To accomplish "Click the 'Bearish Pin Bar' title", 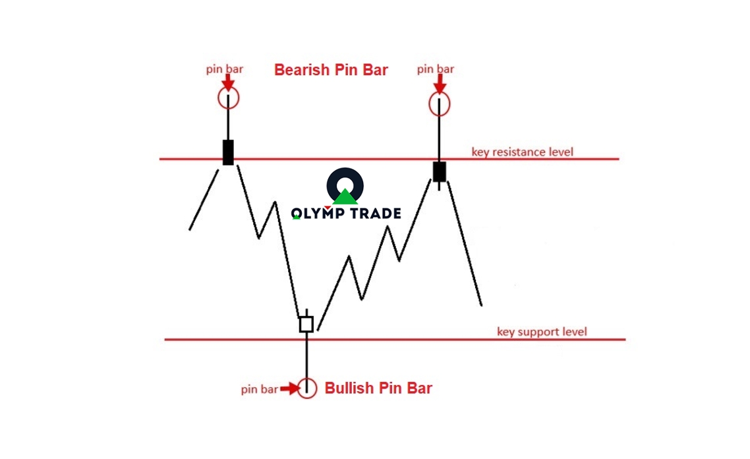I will [x=331, y=70].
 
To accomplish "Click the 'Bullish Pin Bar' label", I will [x=378, y=388].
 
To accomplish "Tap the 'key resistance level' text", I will [x=522, y=152].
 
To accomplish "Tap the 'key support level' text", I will [x=542, y=332].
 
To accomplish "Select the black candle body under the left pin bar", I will [x=228, y=152].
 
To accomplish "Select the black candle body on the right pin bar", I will [x=439, y=171].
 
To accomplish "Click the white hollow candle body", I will [x=306, y=324].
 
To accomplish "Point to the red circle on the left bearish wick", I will [x=228, y=98].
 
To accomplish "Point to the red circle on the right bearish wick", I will [x=439, y=104].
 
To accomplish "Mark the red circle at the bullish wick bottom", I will [x=306, y=388].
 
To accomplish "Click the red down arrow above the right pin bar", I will [x=439, y=84].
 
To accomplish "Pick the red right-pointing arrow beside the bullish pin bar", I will [x=289, y=389].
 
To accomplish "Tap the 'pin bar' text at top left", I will [x=225, y=69].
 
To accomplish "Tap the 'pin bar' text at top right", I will [x=436, y=69].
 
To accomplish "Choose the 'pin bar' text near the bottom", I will [x=259, y=390].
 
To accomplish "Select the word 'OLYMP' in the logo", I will [x=318, y=213].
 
